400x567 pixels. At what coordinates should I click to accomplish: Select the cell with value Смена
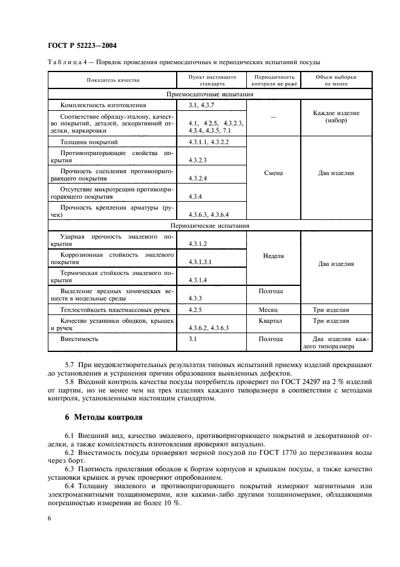coord(274,173)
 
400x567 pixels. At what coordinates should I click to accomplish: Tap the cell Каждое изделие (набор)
coord(336,117)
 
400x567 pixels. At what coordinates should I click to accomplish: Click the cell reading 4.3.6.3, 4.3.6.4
coord(209,214)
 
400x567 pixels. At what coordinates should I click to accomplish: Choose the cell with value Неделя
coord(274,256)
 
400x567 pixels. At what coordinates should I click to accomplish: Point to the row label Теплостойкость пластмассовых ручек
coord(109,310)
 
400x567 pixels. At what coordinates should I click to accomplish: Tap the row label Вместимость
coord(79,339)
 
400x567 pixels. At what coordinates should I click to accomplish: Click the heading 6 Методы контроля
coord(103,417)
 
